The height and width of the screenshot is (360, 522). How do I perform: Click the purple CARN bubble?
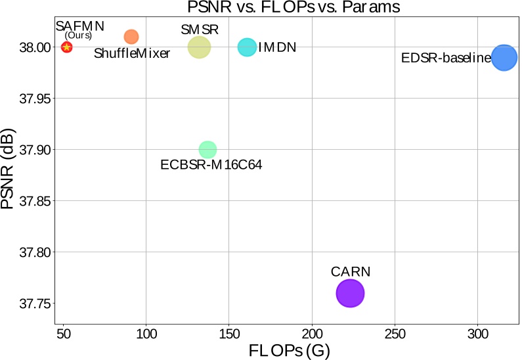pyautogui.click(x=350, y=293)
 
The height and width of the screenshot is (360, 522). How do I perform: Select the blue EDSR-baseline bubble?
pyautogui.click(x=504, y=58)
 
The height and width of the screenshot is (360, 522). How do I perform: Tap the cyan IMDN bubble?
pyautogui.click(x=247, y=47)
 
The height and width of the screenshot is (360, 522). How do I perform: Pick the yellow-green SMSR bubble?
pyautogui.click(x=199, y=47)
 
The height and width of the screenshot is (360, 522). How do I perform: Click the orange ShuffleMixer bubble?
pyautogui.click(x=131, y=37)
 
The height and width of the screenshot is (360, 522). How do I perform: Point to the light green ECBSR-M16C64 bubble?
pyautogui.click(x=207, y=150)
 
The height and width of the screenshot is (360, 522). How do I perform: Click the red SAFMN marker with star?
pyautogui.click(x=66, y=47)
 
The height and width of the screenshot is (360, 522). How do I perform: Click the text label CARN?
pyautogui.click(x=351, y=271)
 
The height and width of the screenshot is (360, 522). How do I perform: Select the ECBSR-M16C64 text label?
pyautogui.click(x=211, y=166)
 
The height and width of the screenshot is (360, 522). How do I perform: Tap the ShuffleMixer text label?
pyautogui.click(x=132, y=54)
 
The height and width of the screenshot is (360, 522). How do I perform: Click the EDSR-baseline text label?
pyautogui.click(x=446, y=58)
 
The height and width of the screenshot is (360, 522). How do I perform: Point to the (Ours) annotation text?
pyautogui.click(x=78, y=35)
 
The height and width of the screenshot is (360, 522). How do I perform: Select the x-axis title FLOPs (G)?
pyautogui.click(x=289, y=350)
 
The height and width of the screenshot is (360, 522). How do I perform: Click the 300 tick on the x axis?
pyautogui.click(x=477, y=334)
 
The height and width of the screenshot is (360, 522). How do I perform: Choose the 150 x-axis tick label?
pyautogui.click(x=228, y=334)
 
